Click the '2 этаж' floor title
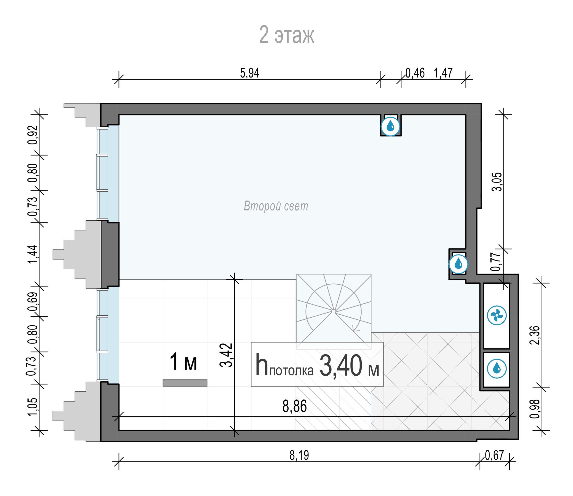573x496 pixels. tap(287, 35)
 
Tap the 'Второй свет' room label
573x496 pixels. tap(276, 206)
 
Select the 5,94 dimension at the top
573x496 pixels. tap(250, 73)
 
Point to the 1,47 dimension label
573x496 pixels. tap(443, 73)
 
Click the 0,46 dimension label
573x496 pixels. tap(415, 73)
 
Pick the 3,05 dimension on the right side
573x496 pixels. tap(498, 182)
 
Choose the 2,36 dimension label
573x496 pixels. tap(534, 335)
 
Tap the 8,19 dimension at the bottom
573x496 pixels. tap(299, 455)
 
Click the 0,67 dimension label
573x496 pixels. tap(494, 455)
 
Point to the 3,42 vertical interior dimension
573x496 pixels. tap(226, 355)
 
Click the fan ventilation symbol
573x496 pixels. tap(497, 315)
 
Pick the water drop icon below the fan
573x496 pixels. tap(497, 369)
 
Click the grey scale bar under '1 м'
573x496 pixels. tap(185, 383)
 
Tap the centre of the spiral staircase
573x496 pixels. tap(333, 311)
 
